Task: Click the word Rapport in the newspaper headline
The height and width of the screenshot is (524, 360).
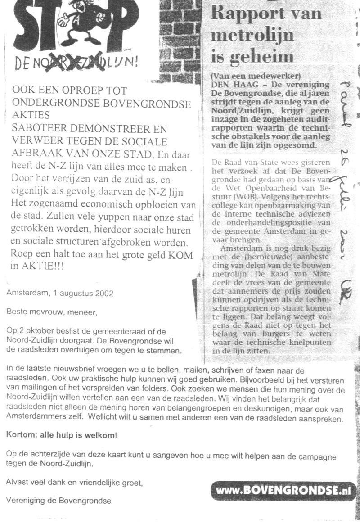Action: click(x=250, y=14)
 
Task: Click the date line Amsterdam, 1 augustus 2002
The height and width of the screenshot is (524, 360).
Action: click(x=60, y=293)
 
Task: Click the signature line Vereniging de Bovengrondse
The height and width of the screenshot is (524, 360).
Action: click(x=58, y=500)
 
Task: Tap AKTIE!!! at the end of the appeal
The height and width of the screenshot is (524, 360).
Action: click(x=43, y=267)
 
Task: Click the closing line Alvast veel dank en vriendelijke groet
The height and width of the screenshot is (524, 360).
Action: click(x=74, y=482)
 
